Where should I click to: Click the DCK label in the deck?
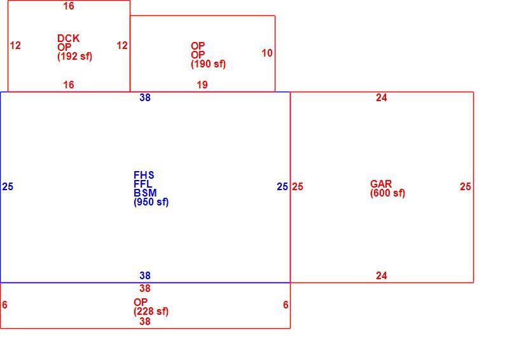click(68, 38)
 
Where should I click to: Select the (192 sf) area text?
click(74, 57)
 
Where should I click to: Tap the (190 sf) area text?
click(208, 64)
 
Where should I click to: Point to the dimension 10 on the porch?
click(267, 53)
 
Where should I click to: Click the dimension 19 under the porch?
click(202, 85)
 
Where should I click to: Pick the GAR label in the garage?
click(381, 184)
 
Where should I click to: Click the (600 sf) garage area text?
click(388, 193)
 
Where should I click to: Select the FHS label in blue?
click(144, 175)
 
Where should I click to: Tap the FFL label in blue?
click(143, 184)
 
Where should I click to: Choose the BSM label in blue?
click(145, 193)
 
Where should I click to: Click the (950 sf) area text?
click(151, 202)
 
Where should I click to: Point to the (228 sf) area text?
click(151, 312)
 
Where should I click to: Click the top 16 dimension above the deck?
click(69, 6)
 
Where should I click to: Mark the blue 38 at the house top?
click(145, 97)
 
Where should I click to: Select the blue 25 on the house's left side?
click(8, 187)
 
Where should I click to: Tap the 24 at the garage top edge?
click(382, 97)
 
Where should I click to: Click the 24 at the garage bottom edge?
click(382, 275)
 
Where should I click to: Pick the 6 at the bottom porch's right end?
click(286, 305)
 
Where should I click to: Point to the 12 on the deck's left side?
click(15, 45)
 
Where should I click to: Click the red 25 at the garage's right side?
click(466, 187)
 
